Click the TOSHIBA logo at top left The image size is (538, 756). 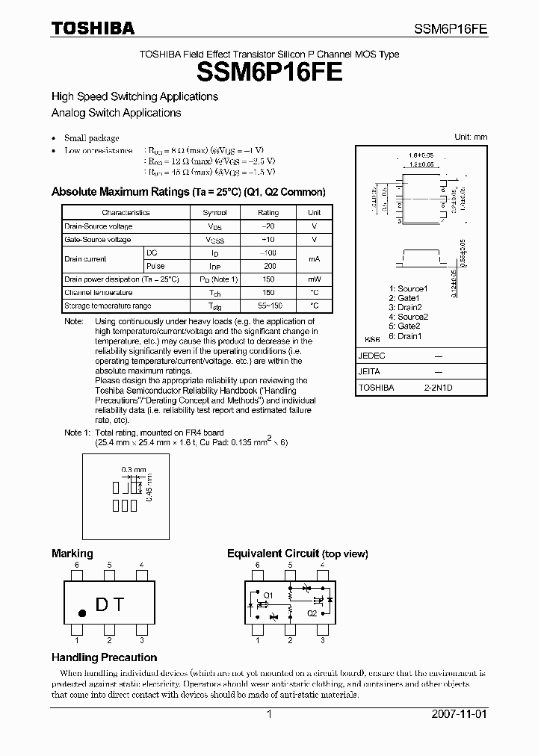[x=93, y=28]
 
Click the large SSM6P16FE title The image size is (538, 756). [x=270, y=72]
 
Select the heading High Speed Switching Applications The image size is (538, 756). [x=134, y=96]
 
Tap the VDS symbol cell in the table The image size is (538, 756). [x=214, y=226]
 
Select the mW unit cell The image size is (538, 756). [x=315, y=279]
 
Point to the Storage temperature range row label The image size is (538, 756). [x=108, y=306]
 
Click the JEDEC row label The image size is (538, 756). [x=371, y=356]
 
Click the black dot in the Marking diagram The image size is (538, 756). [x=82, y=613]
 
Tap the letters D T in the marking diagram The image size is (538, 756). [x=110, y=604]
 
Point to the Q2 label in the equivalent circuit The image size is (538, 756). [x=312, y=613]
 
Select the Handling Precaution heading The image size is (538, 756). [x=104, y=657]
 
